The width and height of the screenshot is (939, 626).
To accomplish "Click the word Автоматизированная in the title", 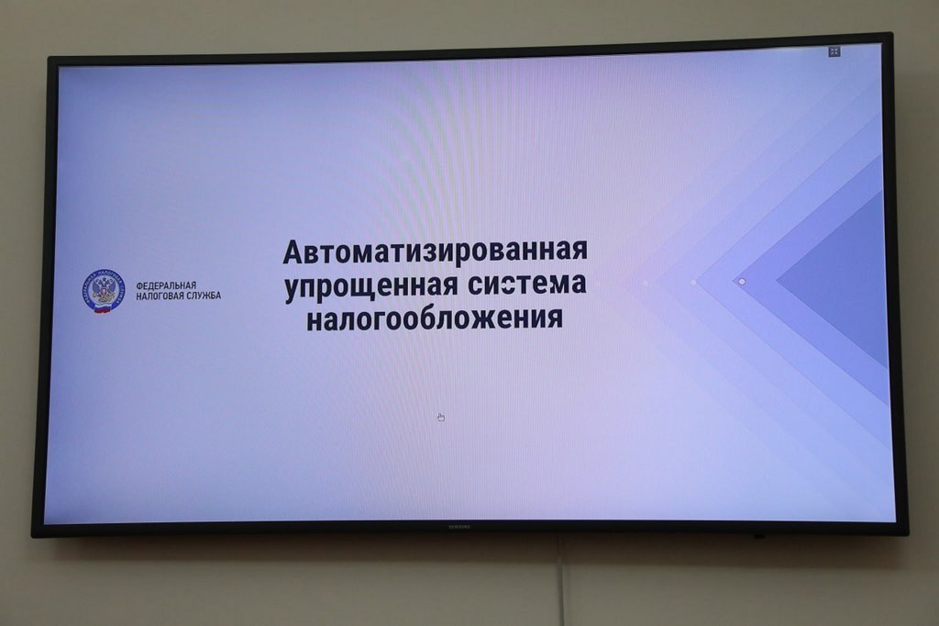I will (x=435, y=252).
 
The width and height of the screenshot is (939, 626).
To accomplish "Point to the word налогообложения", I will (x=434, y=319).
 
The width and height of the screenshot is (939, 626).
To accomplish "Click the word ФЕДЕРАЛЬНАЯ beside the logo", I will (x=166, y=285).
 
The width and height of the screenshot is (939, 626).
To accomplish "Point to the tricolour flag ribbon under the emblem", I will (x=104, y=310).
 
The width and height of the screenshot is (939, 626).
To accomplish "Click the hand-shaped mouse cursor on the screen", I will (x=441, y=418).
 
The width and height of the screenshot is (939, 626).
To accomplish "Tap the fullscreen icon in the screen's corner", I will (x=834, y=52).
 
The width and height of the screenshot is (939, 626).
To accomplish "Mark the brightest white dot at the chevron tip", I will (x=742, y=282).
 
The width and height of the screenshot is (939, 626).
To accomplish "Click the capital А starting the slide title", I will (x=293, y=252).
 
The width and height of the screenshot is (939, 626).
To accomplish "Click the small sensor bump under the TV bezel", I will (x=757, y=536).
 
